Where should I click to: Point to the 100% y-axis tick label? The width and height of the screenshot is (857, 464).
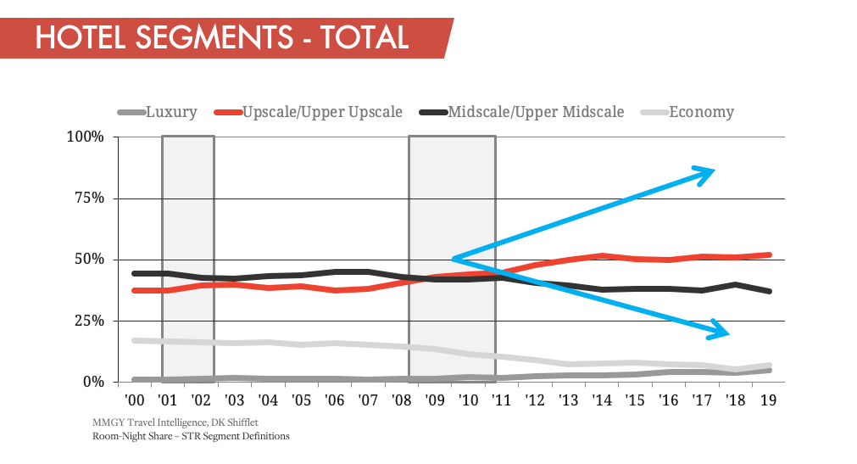pos(86,137)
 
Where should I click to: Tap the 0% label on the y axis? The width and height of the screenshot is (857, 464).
pos(92,382)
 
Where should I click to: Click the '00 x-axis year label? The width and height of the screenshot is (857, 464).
pos(135,400)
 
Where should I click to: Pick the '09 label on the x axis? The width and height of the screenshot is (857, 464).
pos(435,400)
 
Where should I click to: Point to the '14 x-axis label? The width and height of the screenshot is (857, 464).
pos(601,400)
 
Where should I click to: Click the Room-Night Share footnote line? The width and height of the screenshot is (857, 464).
pos(191,436)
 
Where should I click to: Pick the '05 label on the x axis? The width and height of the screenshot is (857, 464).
pos(301,400)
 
